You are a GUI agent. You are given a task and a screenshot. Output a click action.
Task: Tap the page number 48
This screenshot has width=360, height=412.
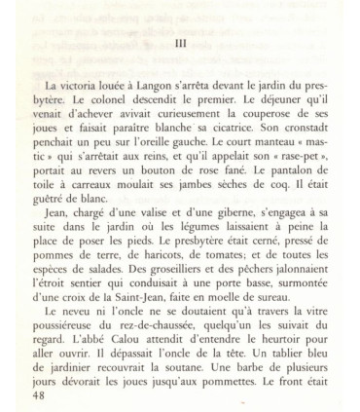click(x=40, y=396)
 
